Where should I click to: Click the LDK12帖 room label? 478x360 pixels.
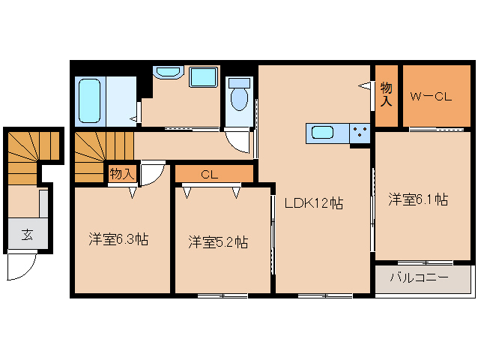coord(313,202)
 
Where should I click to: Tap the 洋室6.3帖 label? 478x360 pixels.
coord(118,240)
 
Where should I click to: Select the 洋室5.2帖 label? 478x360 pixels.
coord(218,242)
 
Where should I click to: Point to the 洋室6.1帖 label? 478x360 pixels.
coord(418,199)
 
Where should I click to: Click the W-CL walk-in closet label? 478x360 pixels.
coord(431,96)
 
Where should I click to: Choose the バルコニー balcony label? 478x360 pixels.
coord(420,278)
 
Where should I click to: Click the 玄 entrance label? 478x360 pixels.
coord(27,235)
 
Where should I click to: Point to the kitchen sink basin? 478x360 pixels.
coord(323,133)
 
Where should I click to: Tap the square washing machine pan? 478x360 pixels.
coord(202,77)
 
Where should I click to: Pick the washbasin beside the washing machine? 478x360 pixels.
coord(168,73)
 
